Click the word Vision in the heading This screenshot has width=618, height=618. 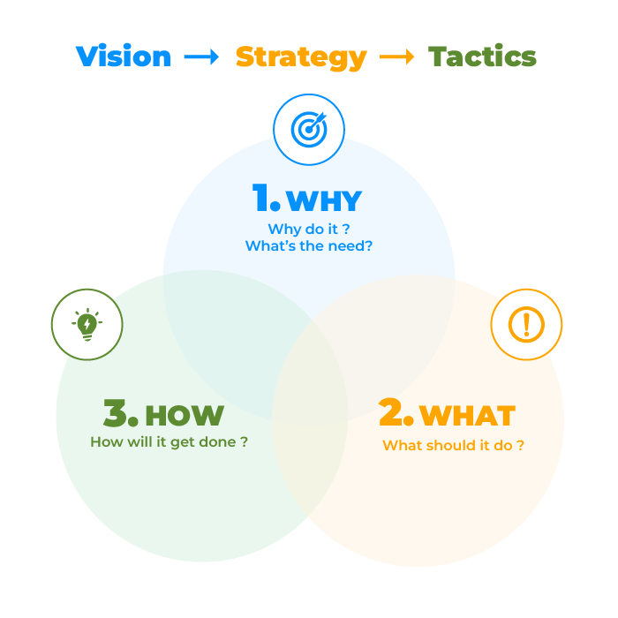pos(124,57)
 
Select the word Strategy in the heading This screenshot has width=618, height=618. pos(300,57)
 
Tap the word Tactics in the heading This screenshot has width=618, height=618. pos(482,57)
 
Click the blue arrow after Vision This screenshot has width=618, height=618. pos(201,57)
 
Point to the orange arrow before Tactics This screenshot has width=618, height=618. pos(396,57)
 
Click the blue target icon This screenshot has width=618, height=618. pos(308,130)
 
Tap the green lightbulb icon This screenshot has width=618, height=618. pos(87,324)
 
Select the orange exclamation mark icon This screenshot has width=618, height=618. pos(526,324)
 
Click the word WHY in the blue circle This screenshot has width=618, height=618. pos(324,201)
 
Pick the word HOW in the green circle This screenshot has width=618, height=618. pos(184,415)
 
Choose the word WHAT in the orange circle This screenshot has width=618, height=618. pos(467,415)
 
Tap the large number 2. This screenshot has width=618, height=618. pos(395,413)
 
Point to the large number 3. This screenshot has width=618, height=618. pos(120,413)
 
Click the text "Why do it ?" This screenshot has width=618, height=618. pos(309,229)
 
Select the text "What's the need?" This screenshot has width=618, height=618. pos(309,246)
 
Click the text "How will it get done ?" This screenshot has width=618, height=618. pos(169,441)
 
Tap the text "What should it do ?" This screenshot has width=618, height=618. pos(453,445)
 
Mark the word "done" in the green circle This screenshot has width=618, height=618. pos(218,441)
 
